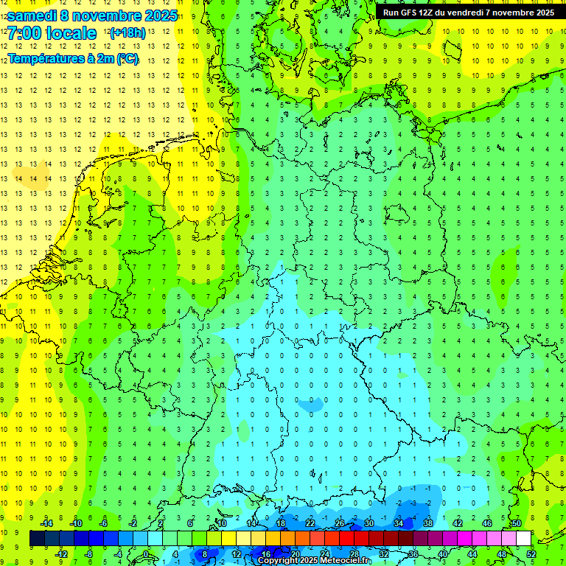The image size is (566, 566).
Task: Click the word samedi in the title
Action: [x=32, y=15]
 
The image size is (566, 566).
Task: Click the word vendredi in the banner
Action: [x=474, y=13]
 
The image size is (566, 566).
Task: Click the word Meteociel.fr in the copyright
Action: [x=346, y=561]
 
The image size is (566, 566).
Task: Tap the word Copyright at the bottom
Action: [x=279, y=561]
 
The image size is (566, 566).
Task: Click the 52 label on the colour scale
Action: [x=531, y=554]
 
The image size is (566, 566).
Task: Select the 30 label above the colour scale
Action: [x=368, y=523]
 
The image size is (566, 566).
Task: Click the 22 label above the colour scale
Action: [x=310, y=523]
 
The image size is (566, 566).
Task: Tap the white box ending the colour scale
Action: [x=523, y=539]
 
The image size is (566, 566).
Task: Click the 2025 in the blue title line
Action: [x=160, y=15]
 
